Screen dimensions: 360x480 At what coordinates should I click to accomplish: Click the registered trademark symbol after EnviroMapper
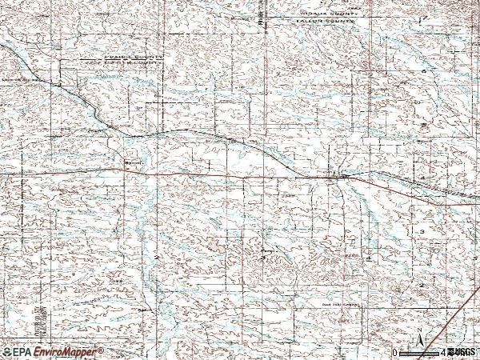[100, 350]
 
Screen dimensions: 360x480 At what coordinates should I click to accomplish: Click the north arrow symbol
[419, 342]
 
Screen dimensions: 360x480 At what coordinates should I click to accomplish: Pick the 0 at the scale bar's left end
[394, 352]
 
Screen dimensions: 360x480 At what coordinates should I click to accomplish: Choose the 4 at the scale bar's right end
[442, 352]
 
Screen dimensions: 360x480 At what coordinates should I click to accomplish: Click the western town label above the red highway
[133, 166]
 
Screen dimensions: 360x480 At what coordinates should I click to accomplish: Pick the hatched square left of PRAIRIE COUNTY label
[70, 77]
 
